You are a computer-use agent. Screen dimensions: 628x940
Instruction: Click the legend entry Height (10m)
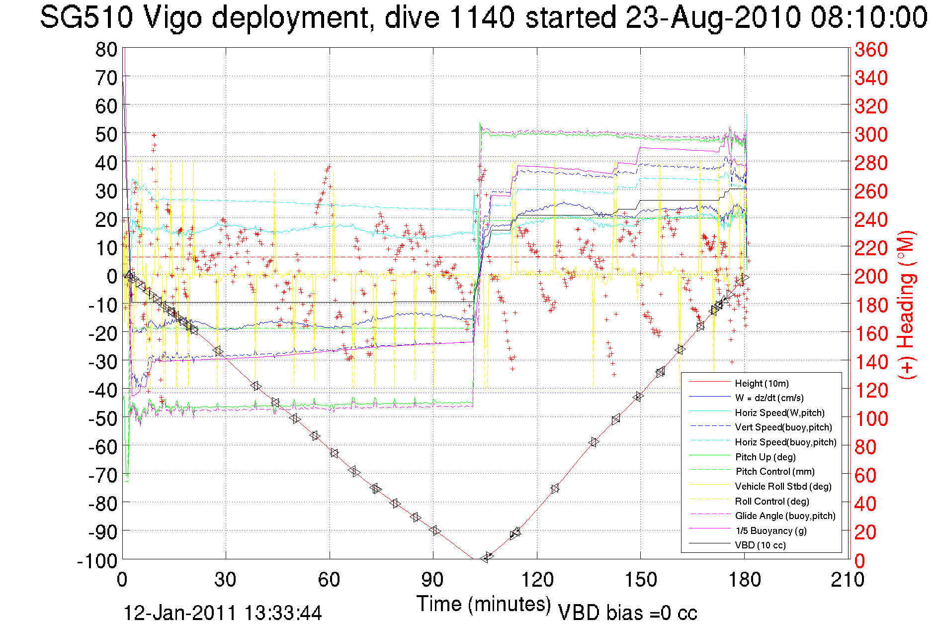pyautogui.click(x=762, y=383)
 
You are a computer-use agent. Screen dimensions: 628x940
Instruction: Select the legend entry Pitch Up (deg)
pyautogui.click(x=765, y=457)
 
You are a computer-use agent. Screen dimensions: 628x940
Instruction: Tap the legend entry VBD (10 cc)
pyautogui.click(x=760, y=545)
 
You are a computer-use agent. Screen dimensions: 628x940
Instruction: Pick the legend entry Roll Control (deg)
pyautogui.click(x=771, y=501)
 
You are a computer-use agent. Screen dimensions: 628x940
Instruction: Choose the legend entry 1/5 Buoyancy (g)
pyautogui.click(x=770, y=530)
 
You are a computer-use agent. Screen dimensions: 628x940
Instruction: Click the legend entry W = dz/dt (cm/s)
pyautogui.click(x=769, y=398)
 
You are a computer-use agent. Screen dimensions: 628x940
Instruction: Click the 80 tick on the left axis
pyautogui.click(x=106, y=49)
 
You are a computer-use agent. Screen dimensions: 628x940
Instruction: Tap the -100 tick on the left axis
pyautogui.click(x=97, y=561)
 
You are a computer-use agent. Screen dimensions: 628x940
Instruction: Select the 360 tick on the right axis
pyautogui.click(x=871, y=49)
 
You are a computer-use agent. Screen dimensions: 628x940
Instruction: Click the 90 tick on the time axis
pyautogui.click(x=432, y=580)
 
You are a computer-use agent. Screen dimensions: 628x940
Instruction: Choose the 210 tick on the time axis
pyautogui.click(x=848, y=580)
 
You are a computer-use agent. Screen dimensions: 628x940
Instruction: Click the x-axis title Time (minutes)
pyautogui.click(x=483, y=604)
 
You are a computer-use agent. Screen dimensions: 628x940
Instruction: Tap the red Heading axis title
pyautogui.click(x=906, y=305)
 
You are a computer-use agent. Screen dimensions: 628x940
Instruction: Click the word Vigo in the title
pyautogui.click(x=172, y=17)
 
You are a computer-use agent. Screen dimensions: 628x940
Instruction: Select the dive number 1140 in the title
pyautogui.click(x=481, y=17)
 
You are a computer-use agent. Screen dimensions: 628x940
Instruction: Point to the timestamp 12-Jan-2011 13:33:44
pyautogui.click(x=222, y=613)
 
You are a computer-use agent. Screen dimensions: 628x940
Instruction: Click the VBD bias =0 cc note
pyautogui.click(x=627, y=613)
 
